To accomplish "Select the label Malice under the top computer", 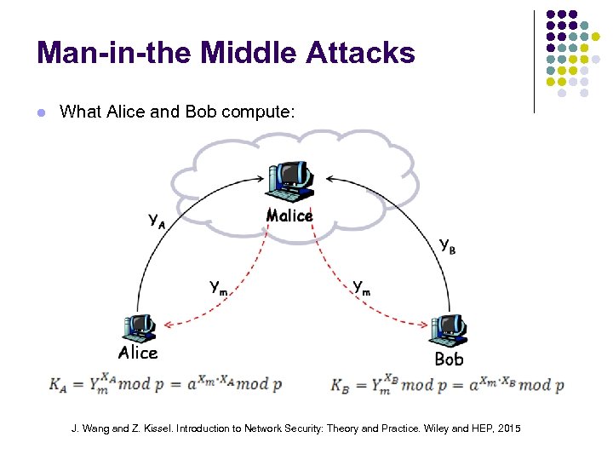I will pyautogui.click(x=289, y=216).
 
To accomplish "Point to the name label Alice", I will pyautogui.click(x=138, y=353).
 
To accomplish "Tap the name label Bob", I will pyautogui.click(x=449, y=359).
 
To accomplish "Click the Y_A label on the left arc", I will pyautogui.click(x=157, y=221).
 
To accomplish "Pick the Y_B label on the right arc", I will pyautogui.click(x=446, y=244).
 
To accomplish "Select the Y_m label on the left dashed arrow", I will pyautogui.click(x=219, y=287).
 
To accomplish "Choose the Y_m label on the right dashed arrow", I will pyautogui.click(x=362, y=288).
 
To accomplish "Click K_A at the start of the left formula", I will pyautogui.click(x=58, y=384).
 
